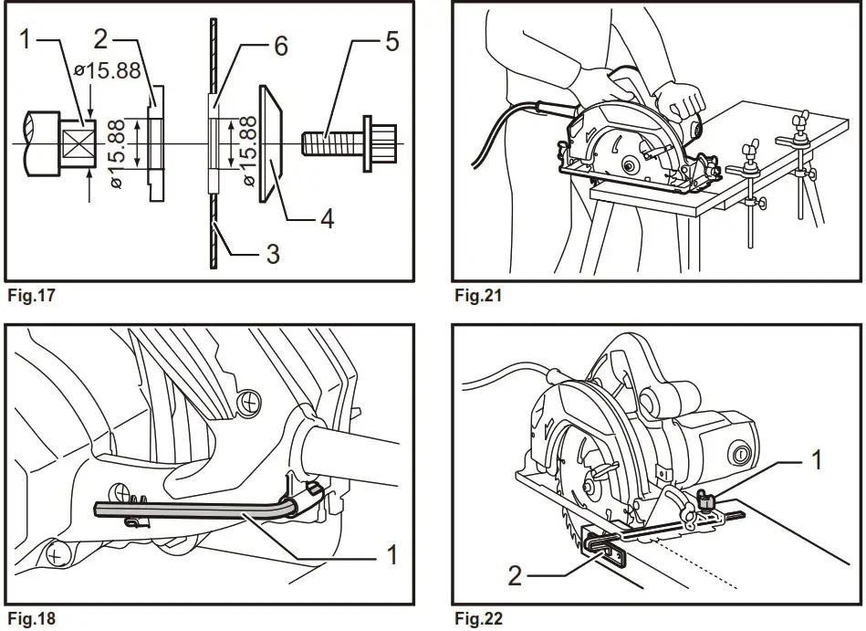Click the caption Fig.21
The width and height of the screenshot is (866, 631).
pos(477,295)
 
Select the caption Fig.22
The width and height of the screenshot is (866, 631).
pos(477,619)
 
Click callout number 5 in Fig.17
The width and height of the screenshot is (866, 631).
pos(391,43)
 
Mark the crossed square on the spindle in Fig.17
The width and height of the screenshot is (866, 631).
pos(77,142)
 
